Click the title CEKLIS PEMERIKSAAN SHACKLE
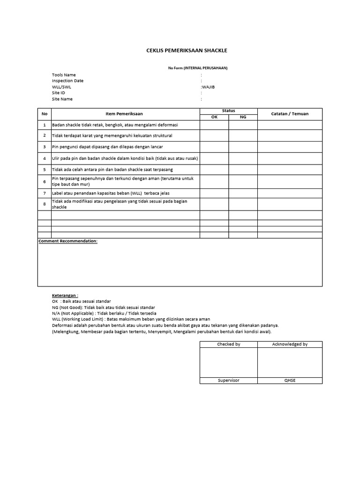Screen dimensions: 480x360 point(187,51)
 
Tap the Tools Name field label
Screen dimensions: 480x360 point(64,75)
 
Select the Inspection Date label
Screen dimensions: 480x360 point(68,81)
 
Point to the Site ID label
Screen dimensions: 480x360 point(59,93)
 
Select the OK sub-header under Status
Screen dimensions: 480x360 point(215,117)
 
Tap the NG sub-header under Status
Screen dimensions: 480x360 point(243,117)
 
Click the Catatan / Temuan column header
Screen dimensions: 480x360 point(290,114)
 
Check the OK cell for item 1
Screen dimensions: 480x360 point(215,125)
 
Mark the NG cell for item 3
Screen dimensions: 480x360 point(243,147)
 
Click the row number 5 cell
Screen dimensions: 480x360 point(45,169)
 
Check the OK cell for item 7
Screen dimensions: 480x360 point(215,193)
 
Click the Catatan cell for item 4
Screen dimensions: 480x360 point(290,158)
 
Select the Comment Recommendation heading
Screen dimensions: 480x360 point(68,241)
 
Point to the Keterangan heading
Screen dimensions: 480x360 point(65,296)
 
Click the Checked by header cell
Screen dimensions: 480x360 point(229,344)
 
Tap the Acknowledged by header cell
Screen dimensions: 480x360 point(290,344)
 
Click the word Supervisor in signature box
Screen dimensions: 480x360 point(229,380)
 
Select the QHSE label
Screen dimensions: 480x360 point(290,380)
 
